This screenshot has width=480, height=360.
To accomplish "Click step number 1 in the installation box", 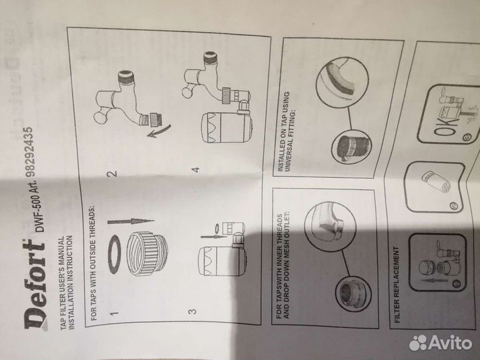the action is (x=114, y=313).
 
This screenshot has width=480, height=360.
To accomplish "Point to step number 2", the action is (x=113, y=173).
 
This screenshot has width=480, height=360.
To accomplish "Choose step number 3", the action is (x=193, y=311).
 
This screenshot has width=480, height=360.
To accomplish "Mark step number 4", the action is (x=196, y=169).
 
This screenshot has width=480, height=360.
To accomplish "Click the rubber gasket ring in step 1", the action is (x=114, y=254).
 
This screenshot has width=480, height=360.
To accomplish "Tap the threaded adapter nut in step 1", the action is (x=146, y=255).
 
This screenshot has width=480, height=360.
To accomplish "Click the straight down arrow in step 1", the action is (x=131, y=221).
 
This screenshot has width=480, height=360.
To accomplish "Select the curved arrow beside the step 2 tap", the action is (x=160, y=131).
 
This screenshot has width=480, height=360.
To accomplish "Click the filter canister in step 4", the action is (x=227, y=127).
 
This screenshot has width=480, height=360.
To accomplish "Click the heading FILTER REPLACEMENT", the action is (x=397, y=285).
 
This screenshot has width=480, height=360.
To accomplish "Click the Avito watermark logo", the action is (x=441, y=343).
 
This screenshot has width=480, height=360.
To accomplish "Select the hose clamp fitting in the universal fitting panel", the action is (x=351, y=148).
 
